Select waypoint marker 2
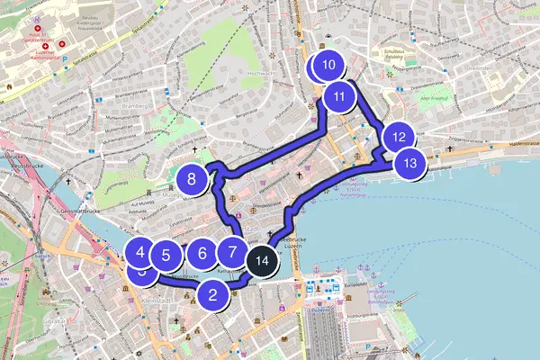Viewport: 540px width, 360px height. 212,293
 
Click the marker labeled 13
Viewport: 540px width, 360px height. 410,164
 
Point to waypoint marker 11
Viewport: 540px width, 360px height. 339,95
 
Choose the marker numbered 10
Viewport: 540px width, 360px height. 328,65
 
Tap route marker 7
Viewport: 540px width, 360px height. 232,254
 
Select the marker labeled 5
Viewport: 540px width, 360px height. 166,256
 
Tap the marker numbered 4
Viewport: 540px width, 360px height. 141,252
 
